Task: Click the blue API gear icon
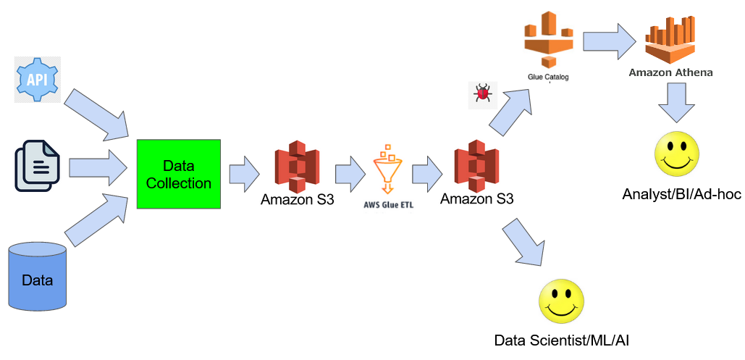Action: tap(38, 80)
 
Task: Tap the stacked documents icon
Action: tap(37, 166)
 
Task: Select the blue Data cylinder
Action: tap(38, 276)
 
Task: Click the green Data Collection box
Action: tap(179, 174)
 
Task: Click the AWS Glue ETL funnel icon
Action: tap(388, 169)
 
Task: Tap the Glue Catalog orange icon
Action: tap(547, 39)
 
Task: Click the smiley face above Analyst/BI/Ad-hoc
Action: tap(677, 154)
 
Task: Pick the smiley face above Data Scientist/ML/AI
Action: tap(561, 301)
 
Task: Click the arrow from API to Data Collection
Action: tap(96, 113)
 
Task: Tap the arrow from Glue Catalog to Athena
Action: tap(610, 40)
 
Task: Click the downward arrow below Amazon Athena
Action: tap(677, 103)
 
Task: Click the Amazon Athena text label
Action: tap(670, 72)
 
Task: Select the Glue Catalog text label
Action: tap(548, 76)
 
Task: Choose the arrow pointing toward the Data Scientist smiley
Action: tap(523, 242)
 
